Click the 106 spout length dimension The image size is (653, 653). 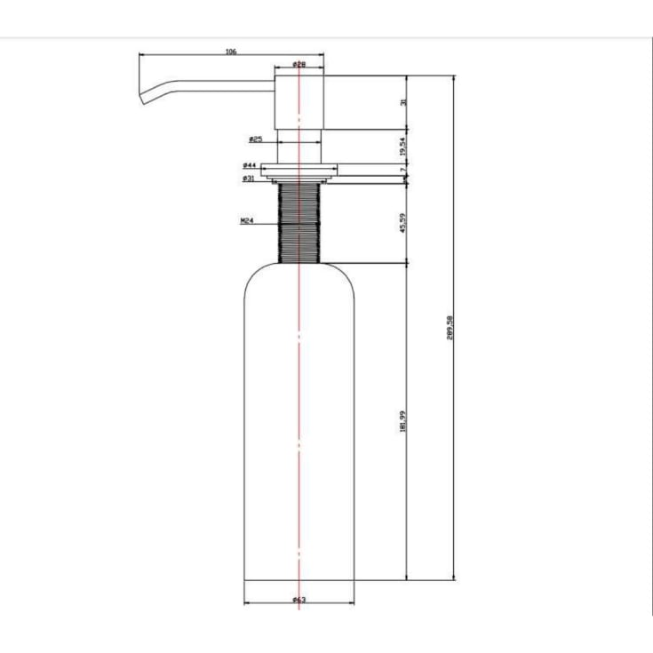point(231,52)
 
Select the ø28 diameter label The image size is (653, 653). point(299,65)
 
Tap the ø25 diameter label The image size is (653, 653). point(254,139)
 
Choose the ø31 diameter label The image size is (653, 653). point(249,179)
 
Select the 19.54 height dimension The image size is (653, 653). point(403,146)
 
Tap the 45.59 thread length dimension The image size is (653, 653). point(403,222)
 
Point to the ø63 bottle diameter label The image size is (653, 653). point(299,601)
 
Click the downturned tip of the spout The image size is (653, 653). point(143,100)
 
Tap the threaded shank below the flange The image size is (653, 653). point(299,222)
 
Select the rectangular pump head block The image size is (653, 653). point(299,102)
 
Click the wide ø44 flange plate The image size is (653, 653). point(299,169)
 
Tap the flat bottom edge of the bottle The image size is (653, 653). point(299,579)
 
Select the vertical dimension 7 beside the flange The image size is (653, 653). point(403,169)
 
